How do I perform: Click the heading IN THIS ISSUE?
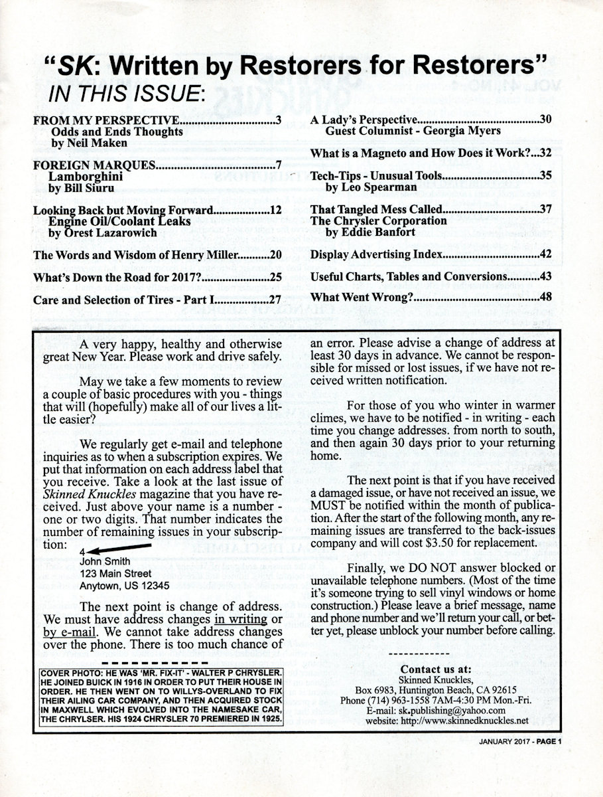tap(127, 94)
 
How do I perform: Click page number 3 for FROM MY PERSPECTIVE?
tap(280, 120)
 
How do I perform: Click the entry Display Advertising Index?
tap(375, 255)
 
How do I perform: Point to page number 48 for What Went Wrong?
tap(545, 297)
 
